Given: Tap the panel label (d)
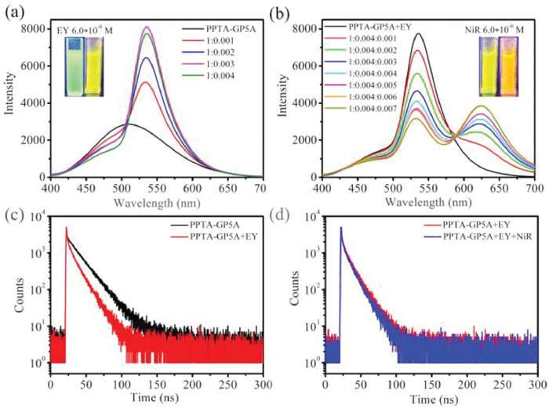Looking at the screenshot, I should point(287,213).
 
